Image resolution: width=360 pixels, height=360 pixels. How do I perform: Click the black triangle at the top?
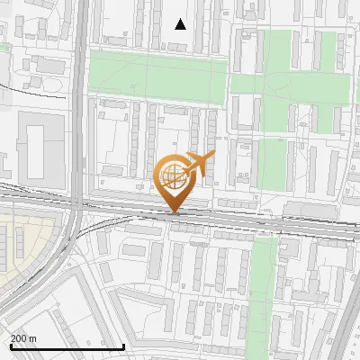coord(180,24)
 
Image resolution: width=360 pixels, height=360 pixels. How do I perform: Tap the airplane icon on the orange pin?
coord(199,163)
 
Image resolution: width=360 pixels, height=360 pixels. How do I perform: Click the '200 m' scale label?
coord(23,338)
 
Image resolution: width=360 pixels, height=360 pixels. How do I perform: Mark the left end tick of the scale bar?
coord(10,346)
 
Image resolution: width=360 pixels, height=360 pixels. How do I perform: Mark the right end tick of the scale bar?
coord(123,346)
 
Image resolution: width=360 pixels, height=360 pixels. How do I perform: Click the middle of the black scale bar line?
coord(67,347)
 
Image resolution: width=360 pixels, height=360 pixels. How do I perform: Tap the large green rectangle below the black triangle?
coord(157,76)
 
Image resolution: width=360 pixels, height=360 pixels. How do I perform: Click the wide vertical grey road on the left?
coord(80,108)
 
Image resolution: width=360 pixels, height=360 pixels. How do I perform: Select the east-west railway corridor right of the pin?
coord(270,221)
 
